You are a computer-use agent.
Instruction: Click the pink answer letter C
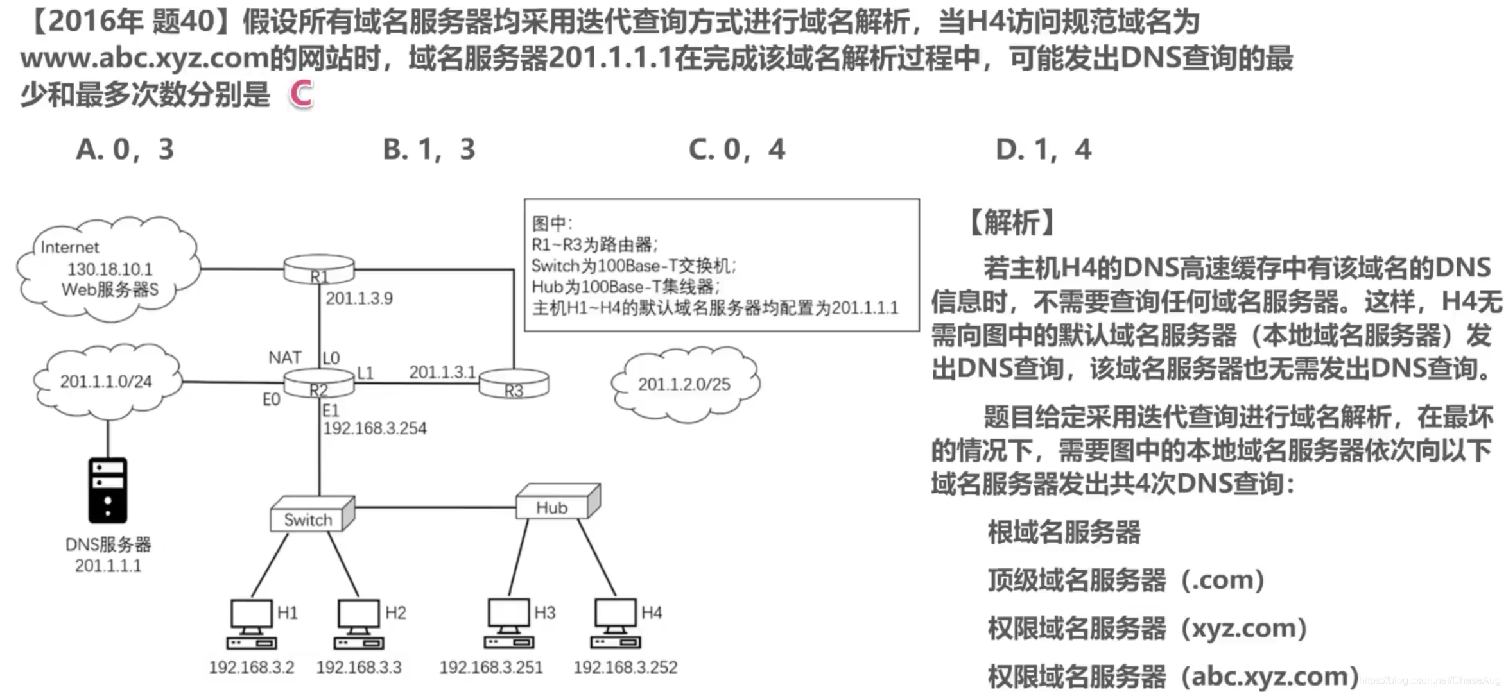coord(301,94)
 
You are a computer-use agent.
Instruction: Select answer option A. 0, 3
coord(125,149)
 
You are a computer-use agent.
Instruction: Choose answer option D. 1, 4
coord(1043,149)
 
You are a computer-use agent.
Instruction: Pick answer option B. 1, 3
coord(429,149)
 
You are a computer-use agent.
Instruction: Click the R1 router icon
coord(319,269)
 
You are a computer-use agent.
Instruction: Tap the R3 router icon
coord(514,384)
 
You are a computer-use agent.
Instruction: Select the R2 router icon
coord(319,384)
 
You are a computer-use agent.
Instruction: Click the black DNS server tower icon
coord(108,490)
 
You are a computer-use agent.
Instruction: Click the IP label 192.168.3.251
coord(491,668)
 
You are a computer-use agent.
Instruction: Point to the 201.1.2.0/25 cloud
coord(684,384)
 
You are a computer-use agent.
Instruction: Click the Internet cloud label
coord(69,248)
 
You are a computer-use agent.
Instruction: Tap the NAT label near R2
coord(285,357)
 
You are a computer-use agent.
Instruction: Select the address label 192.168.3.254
coord(375,428)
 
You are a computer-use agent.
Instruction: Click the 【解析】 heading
coord(1012,223)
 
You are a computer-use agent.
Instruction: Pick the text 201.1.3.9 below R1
coord(359,298)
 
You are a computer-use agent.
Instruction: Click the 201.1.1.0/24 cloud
coord(107,382)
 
